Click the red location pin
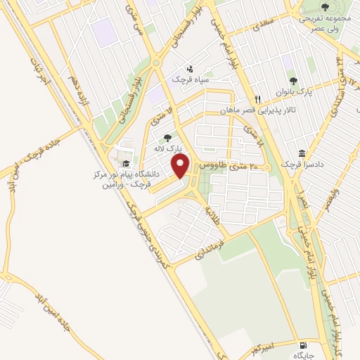[x=181, y=166]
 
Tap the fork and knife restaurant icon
[x=258, y=99]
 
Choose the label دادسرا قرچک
[x=302, y=163]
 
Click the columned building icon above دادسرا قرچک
[x=302, y=153]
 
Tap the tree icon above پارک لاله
[x=167, y=139]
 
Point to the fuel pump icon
[x=303, y=345]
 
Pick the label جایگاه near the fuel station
[x=302, y=356]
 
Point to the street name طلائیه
[x=210, y=213]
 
